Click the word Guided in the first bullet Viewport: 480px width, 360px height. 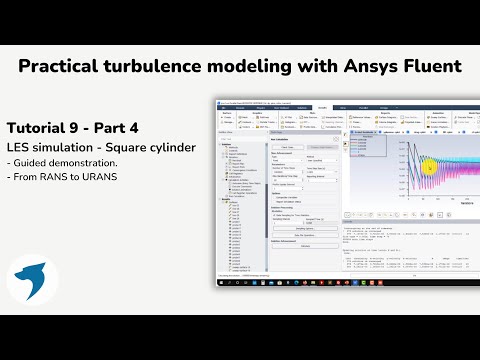(x=30, y=163)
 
